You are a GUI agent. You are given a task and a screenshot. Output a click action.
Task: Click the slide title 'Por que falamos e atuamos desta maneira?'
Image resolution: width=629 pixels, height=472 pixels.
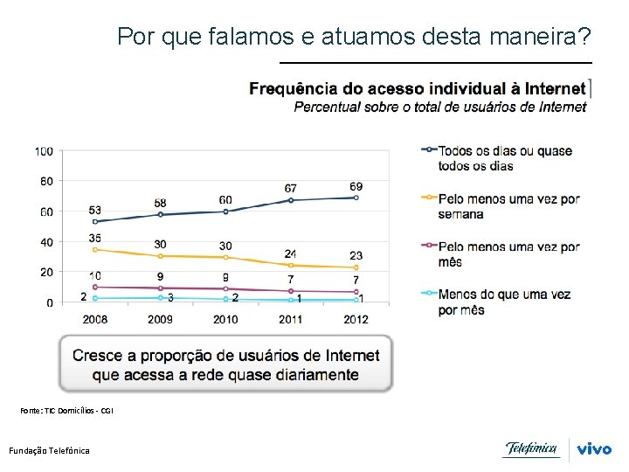pos(354,37)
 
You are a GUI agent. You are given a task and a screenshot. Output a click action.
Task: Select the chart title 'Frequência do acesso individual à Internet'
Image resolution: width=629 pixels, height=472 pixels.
pos(417,88)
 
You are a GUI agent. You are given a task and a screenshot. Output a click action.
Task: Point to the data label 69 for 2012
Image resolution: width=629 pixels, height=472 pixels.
pos(356,187)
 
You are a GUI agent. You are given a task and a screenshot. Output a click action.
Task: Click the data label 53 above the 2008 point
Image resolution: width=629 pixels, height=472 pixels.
pos(95,211)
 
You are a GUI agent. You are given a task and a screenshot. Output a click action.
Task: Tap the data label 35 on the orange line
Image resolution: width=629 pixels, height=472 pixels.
pos(95,238)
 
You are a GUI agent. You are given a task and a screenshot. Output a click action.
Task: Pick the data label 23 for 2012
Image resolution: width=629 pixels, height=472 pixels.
pos(356,255)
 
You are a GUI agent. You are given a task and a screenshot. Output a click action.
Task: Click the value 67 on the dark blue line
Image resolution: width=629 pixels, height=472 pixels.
pos(291,189)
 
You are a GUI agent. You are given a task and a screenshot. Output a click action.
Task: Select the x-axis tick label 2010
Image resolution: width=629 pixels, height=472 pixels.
pos(225,319)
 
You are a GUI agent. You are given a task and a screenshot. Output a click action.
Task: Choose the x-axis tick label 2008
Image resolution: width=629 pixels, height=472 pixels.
pos(95,319)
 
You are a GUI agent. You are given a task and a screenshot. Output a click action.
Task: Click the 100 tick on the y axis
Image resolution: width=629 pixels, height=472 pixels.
pos(44,151)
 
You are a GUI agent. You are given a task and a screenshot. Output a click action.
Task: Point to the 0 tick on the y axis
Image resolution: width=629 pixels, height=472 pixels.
pos(49,302)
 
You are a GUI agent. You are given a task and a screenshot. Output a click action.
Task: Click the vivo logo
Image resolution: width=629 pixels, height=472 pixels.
pos(594,449)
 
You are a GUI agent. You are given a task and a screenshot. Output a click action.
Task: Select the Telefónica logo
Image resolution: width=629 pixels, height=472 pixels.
pos(531,449)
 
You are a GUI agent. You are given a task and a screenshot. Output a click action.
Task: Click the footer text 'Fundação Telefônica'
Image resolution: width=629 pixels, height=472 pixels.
pos(49,450)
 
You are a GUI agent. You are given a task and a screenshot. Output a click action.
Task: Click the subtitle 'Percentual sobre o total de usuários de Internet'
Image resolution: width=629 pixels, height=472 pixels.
pos(439,108)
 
